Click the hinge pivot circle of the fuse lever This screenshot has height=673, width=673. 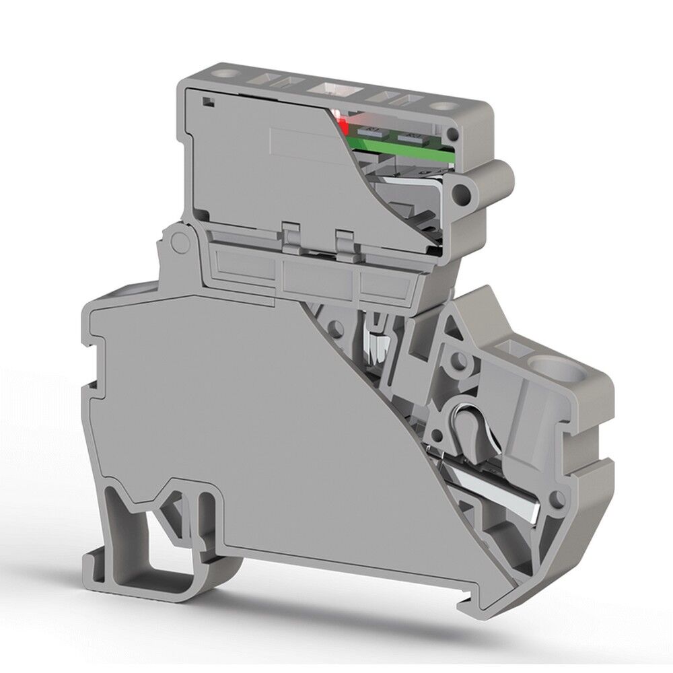coord(178,242)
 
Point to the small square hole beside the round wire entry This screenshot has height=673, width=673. coord(516,347)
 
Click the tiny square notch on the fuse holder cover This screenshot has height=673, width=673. coord(207,102)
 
